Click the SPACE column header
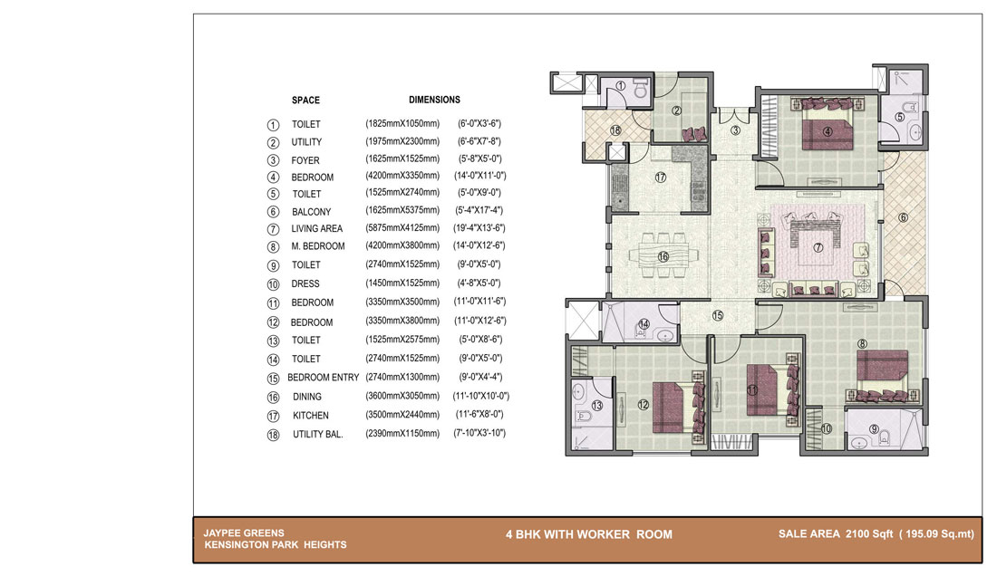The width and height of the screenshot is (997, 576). click(x=305, y=101)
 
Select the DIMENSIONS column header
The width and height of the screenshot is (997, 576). click(x=434, y=100)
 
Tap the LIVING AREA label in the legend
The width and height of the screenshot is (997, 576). click(x=316, y=228)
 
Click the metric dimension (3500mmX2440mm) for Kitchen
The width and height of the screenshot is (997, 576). click(x=402, y=415)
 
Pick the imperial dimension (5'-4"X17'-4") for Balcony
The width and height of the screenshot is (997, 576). click(x=479, y=210)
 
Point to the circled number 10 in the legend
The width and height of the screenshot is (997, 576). click(x=273, y=284)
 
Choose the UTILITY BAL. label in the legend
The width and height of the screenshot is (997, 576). click(x=318, y=435)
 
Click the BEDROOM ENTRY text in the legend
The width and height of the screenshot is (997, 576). click(x=323, y=378)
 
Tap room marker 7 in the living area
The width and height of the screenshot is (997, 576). click(x=818, y=247)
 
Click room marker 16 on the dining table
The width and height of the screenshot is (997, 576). click(x=663, y=256)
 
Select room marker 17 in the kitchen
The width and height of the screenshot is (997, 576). click(x=661, y=178)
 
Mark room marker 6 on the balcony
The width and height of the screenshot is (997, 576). click(x=903, y=218)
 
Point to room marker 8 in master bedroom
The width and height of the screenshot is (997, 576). click(x=862, y=344)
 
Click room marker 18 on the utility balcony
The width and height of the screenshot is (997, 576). click(x=615, y=130)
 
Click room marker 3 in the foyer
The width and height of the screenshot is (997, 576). click(x=736, y=130)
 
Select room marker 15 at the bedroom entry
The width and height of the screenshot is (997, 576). click(x=717, y=315)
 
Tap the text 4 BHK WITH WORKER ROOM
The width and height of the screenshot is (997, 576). click(x=589, y=534)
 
